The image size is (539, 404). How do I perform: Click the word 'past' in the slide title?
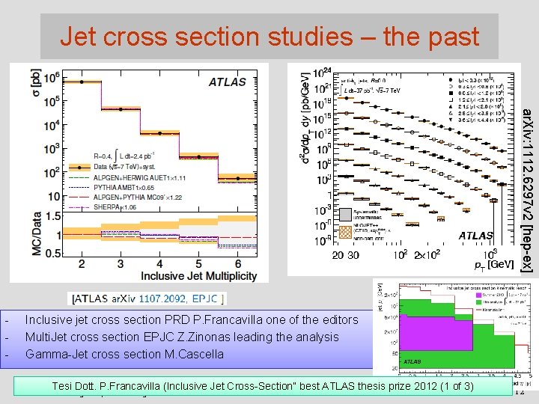click(445, 35)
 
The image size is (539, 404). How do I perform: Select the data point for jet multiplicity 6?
click(239, 178)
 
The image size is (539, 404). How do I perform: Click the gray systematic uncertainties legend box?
click(323, 213)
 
